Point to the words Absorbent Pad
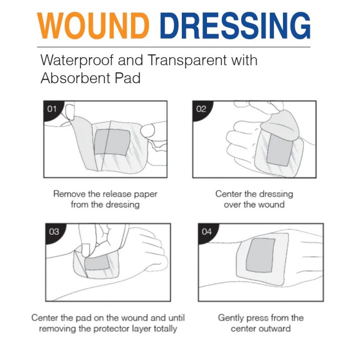pos(90,78)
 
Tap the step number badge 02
pos(201,109)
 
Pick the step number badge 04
pos(206,232)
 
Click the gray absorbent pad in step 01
pos(112,143)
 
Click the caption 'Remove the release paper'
pos(105,194)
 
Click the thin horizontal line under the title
pos(174,47)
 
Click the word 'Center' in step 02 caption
pos(229,194)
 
